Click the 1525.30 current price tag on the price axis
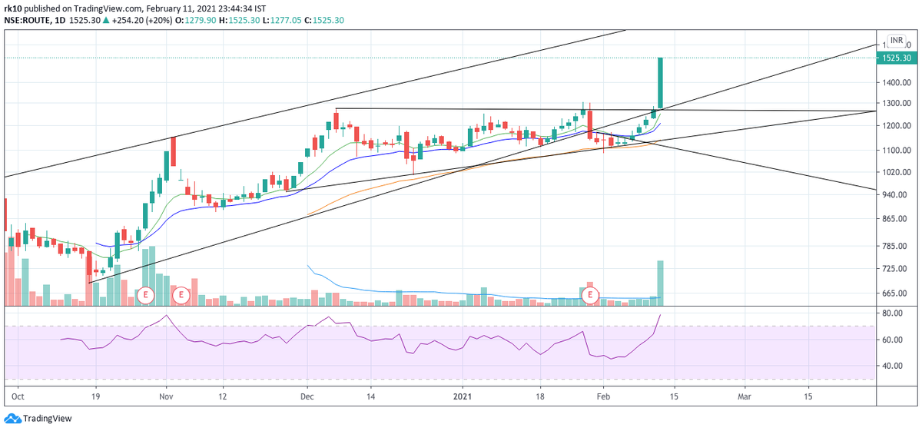[x=895, y=58]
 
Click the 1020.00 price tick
[x=895, y=173]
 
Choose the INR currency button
[x=896, y=40]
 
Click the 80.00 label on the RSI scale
[x=891, y=313]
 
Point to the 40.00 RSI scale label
[x=891, y=366]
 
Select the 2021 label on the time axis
[x=463, y=397]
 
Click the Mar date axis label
[x=744, y=397]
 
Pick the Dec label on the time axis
[x=307, y=397]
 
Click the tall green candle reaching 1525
[x=660, y=85]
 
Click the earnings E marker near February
[x=590, y=294]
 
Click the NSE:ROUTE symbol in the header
[x=29, y=20]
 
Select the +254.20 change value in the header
[x=140, y=20]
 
